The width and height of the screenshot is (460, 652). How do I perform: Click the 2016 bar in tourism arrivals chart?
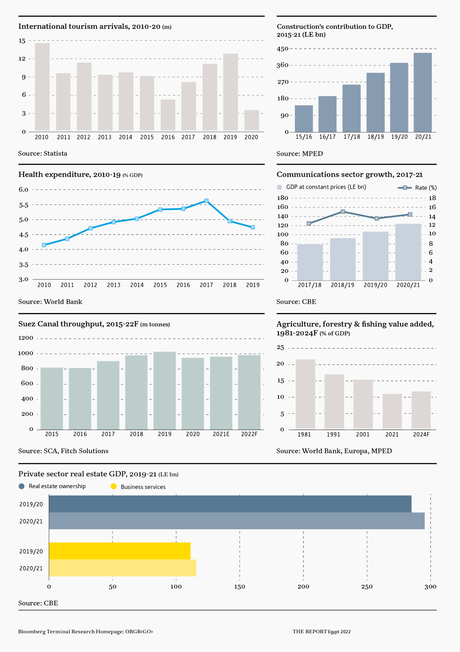point(168,115)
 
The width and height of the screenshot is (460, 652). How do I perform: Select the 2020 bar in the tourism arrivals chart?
point(252,120)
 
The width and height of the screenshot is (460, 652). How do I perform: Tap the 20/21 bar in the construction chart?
point(423,92)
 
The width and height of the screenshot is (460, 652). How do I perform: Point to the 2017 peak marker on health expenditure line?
point(207,201)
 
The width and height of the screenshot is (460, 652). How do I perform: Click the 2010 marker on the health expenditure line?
point(44,245)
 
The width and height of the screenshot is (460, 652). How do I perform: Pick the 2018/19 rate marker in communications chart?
point(343,212)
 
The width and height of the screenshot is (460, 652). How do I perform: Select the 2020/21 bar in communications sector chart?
point(408,252)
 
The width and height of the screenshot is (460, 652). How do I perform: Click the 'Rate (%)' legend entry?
point(417,188)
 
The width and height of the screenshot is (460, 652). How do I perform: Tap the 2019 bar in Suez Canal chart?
point(164,390)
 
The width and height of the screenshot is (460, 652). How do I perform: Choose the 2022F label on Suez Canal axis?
point(249,434)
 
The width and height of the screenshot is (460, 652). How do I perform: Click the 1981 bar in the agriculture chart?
point(305,394)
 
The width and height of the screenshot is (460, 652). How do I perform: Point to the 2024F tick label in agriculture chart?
point(421,435)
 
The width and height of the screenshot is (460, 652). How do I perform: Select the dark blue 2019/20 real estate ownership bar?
point(230,504)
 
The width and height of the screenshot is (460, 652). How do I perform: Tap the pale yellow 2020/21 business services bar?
point(122,568)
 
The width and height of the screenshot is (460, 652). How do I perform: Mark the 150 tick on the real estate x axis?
point(240,587)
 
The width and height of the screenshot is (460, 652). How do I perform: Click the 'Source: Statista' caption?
point(43,154)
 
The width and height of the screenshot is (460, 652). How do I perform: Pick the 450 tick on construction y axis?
point(283,49)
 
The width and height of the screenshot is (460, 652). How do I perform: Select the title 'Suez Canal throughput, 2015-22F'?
point(78,324)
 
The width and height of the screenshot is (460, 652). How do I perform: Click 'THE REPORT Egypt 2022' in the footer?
point(321,632)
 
